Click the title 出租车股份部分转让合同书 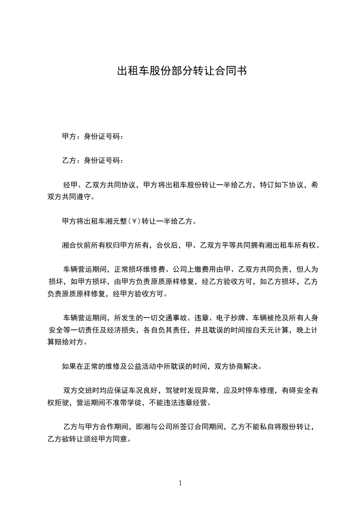point(182,71)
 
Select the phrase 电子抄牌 point(230,317)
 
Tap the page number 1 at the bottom point(180,483)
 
